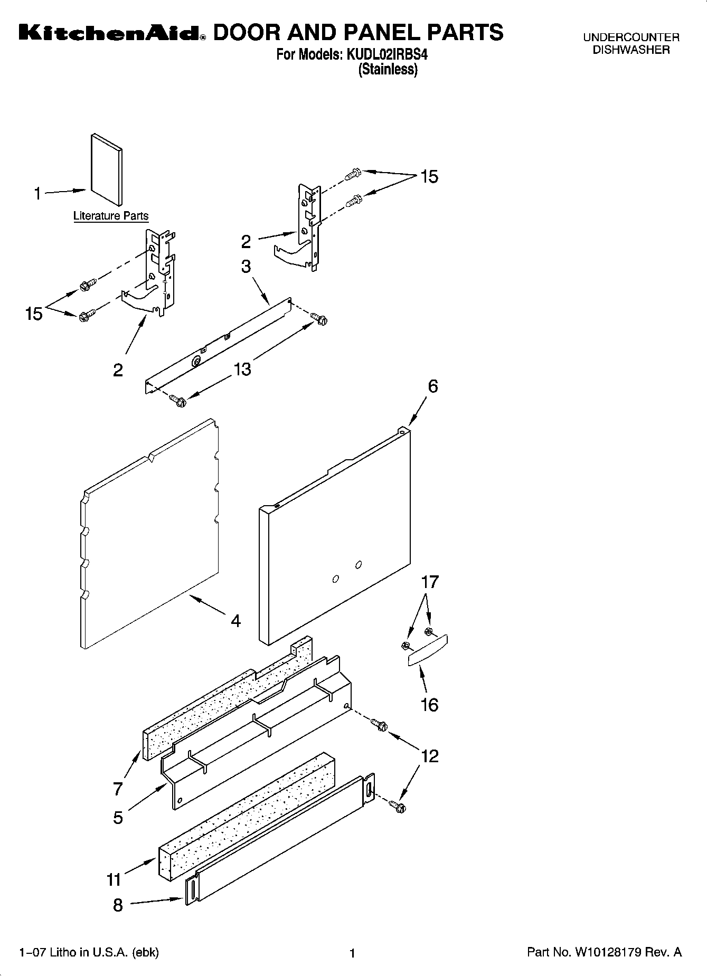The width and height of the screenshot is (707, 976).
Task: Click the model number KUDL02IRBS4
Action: click(x=386, y=54)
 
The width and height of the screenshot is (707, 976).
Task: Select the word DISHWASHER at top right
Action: click(x=631, y=51)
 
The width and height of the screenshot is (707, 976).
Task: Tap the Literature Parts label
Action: click(x=111, y=216)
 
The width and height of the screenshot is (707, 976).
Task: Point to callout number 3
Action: click(x=246, y=267)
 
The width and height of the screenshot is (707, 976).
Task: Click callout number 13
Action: click(x=242, y=369)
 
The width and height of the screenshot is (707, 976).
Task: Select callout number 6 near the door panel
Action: click(x=432, y=386)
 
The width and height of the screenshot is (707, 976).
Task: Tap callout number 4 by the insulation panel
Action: click(x=235, y=621)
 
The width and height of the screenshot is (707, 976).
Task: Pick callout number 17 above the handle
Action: click(x=430, y=582)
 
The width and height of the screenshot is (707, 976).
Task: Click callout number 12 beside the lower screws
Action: click(x=430, y=756)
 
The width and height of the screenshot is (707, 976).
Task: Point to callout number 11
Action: click(x=115, y=879)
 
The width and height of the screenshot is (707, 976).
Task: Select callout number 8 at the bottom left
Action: click(x=118, y=905)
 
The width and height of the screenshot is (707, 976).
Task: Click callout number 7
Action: click(x=118, y=789)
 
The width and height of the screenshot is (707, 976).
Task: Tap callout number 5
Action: click(x=118, y=818)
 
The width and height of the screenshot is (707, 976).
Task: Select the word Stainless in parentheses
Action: click(x=388, y=70)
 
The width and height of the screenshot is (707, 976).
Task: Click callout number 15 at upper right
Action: click(x=429, y=177)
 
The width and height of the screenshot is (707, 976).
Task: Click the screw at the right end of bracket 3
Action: click(x=319, y=318)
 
